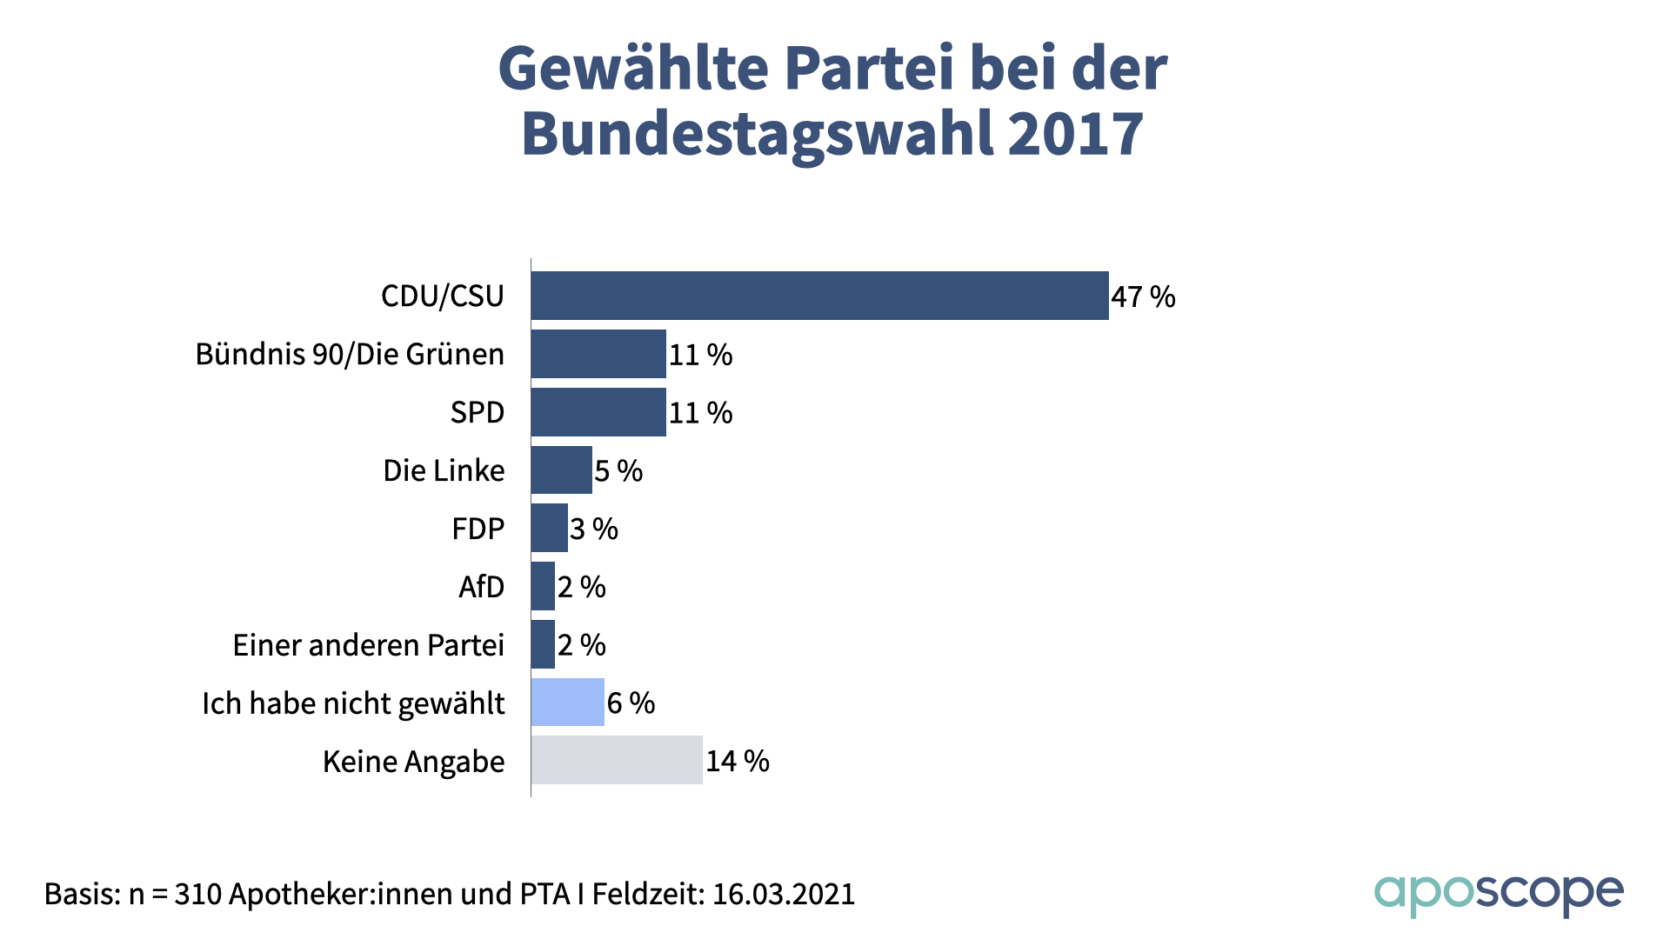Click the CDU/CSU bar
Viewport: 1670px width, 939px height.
819,296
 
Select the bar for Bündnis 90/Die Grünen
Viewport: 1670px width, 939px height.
598,354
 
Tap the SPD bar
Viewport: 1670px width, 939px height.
598,412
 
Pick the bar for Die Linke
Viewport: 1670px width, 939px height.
561,470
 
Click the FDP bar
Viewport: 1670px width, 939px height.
549,528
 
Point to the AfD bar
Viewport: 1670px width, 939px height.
543,586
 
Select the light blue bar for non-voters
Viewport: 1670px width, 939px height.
567,703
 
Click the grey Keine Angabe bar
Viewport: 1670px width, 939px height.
617,760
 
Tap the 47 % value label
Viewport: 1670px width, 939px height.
1143,297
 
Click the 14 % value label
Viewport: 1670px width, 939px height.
737,762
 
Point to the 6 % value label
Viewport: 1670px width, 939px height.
631,703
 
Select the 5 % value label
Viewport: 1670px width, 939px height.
618,471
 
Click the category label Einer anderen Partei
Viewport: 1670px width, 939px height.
368,645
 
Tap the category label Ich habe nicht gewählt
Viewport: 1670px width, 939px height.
353,703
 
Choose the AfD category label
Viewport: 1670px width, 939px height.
481,587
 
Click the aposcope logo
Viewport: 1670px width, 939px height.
1498,893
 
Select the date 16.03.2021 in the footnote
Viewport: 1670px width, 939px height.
784,894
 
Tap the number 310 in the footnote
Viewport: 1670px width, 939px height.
198,894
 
